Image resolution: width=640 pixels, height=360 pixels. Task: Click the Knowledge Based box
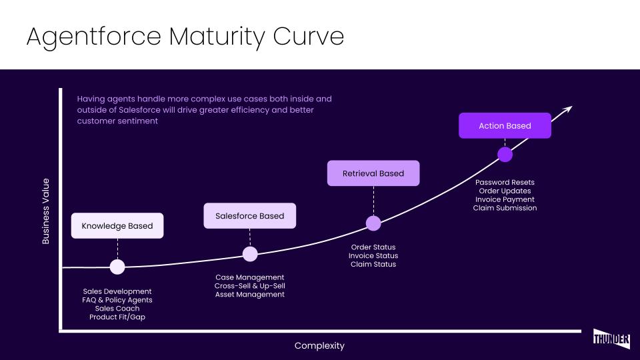pyautogui.click(x=117, y=226)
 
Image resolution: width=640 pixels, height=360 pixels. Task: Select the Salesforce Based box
pyautogui.click(x=249, y=216)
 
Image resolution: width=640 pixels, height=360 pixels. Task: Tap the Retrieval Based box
pyautogui.click(x=373, y=173)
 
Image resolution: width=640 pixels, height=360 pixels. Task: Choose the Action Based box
pyautogui.click(x=505, y=126)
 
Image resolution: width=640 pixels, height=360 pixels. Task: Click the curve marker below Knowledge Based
pyautogui.click(x=117, y=267)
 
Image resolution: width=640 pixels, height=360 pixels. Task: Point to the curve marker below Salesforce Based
pyautogui.click(x=250, y=253)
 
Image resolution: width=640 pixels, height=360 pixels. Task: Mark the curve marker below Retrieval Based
pyautogui.click(x=373, y=223)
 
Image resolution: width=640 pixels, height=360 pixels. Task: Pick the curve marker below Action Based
pyautogui.click(x=505, y=155)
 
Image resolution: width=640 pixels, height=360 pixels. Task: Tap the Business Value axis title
pyautogui.click(x=46, y=211)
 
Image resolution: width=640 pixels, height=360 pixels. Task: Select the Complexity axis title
pyautogui.click(x=319, y=345)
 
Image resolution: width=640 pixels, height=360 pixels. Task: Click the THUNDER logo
pyautogui.click(x=611, y=338)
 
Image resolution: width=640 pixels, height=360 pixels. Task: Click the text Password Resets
pyautogui.click(x=505, y=182)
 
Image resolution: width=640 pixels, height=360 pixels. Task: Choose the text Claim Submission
pyautogui.click(x=505, y=208)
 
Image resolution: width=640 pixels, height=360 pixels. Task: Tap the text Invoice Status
pyautogui.click(x=373, y=256)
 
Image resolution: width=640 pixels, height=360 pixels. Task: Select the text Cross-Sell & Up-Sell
pyautogui.click(x=250, y=286)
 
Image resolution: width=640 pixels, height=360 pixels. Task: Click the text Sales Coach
pyautogui.click(x=117, y=309)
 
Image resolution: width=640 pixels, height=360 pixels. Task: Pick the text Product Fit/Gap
pyautogui.click(x=117, y=317)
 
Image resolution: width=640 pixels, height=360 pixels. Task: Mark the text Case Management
pyautogui.click(x=250, y=277)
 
